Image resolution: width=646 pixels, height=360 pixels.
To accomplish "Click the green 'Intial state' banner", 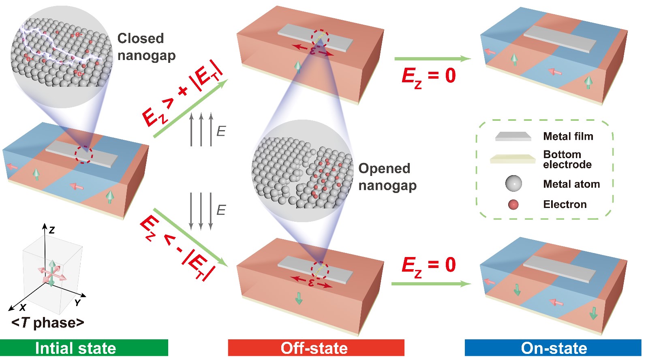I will [84, 348].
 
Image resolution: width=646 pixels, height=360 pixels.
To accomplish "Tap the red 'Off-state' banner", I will [316, 348].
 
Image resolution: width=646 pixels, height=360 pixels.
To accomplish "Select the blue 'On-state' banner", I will [553, 348].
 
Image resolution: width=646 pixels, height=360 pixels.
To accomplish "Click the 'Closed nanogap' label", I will [146, 47].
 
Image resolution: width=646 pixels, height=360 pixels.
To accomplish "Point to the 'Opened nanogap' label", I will [387, 177].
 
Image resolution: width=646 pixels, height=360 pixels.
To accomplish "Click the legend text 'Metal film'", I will [568, 136].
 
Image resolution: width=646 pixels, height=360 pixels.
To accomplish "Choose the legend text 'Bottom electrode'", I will [567, 159].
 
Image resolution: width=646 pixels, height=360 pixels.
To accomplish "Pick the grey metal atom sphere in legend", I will [513, 184].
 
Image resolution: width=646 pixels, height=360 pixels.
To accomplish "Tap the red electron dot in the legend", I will [513, 204].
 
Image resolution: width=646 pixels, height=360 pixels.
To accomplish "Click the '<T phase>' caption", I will [48, 323].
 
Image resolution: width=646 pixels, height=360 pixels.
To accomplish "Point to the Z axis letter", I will [52, 230].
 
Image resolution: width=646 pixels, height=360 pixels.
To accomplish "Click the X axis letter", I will [23, 307].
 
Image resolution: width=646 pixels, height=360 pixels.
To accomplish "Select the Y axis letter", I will [77, 303].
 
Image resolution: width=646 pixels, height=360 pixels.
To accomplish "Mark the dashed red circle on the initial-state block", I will [84, 154].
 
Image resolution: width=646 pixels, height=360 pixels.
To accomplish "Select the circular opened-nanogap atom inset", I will [302, 171].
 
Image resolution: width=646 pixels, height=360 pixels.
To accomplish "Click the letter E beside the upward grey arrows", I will [221, 131].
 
